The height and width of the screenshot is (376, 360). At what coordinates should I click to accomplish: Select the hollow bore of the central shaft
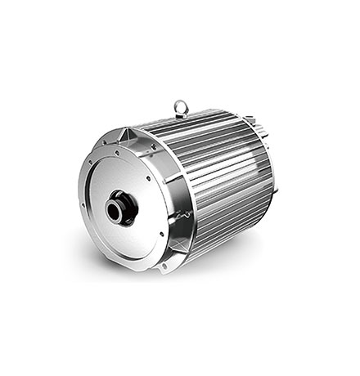pos(115,211)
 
